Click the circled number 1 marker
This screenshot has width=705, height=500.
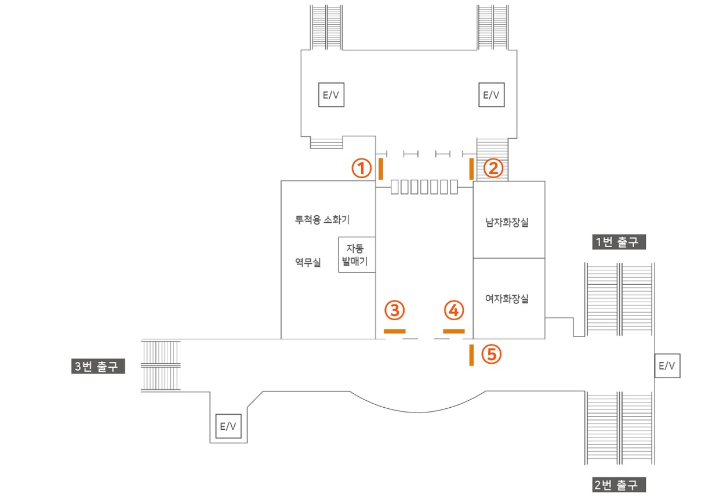361,168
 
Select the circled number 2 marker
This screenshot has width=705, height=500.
493,168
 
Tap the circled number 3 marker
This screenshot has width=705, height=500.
395,310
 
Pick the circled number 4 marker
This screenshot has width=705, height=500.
454,310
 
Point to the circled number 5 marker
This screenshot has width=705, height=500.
491,354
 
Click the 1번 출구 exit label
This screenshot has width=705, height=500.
619,242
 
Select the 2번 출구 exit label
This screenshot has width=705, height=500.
619,484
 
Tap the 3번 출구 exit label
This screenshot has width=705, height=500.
98,366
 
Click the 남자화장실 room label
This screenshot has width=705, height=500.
507,222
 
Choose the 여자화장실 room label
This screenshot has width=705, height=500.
507,299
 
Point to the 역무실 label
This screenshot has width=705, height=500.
308,262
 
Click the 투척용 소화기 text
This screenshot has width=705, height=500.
322,219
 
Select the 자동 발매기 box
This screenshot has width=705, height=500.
357,255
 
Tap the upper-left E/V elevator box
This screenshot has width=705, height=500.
331,95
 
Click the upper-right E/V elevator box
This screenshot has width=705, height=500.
491,95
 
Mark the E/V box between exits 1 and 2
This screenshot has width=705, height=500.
667,366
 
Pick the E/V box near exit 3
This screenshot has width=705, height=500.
228,426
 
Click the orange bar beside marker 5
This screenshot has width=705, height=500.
471,355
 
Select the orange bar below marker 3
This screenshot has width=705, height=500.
395,331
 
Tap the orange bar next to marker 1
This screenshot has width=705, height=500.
381,169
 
